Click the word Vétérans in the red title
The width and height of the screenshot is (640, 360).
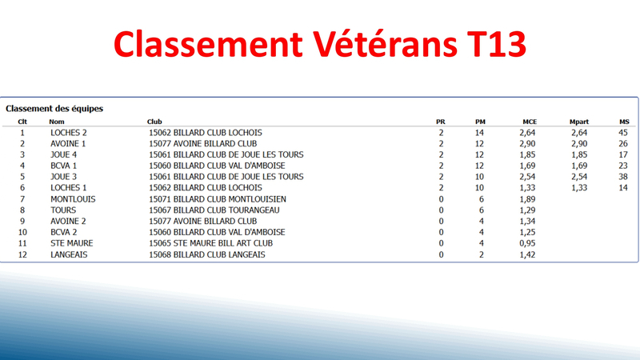tap(385, 44)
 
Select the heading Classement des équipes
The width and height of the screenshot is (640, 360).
tap(54, 109)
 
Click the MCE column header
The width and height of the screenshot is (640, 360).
tap(530, 122)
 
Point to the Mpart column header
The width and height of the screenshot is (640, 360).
tap(578, 122)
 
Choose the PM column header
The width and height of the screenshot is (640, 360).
tap(480, 122)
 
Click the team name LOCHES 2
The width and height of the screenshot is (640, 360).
tap(69, 133)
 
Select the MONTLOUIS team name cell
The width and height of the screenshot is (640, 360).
tap(73, 199)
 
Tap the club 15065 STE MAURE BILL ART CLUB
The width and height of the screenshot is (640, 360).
tap(210, 243)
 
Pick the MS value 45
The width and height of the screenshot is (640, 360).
tap(623, 133)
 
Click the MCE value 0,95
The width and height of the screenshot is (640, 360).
tap(527, 243)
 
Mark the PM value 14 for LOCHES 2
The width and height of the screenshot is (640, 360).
tap(479, 133)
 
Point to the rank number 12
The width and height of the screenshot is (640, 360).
tap(22, 254)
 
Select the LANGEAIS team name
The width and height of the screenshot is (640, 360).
tap(69, 254)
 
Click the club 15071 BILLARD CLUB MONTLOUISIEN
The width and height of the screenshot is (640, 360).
tap(218, 199)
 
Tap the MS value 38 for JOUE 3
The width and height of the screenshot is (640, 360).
tap(623, 177)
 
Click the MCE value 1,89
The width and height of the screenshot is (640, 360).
tap(527, 199)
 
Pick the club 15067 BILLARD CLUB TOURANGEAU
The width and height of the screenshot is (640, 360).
tap(214, 210)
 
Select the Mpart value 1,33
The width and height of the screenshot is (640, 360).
tap(579, 188)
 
